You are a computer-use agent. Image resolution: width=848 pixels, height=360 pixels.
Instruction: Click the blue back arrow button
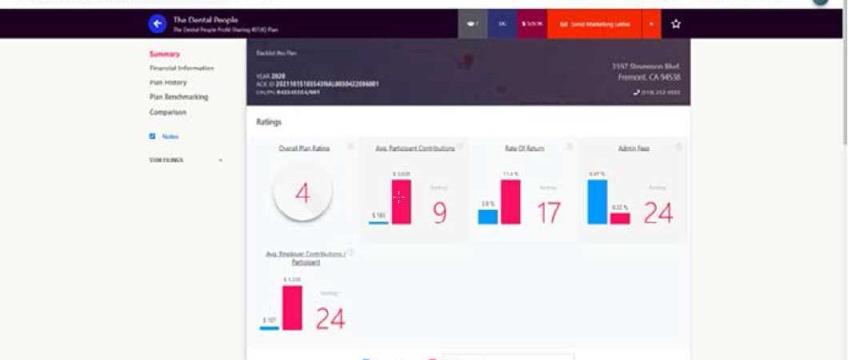coord(158,24)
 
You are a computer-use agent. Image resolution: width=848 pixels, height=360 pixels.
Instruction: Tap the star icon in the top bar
coord(676,24)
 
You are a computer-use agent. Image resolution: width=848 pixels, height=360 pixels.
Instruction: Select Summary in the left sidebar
coord(164,54)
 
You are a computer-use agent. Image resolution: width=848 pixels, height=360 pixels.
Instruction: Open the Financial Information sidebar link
coord(181,68)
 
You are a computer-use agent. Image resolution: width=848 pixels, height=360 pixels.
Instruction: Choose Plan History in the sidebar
coord(168,82)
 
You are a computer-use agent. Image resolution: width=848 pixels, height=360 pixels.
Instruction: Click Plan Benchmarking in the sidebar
coord(178,97)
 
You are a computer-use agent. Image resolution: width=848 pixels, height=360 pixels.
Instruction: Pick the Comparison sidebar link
coord(167,112)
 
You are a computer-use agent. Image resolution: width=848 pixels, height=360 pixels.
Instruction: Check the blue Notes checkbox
coord(152,137)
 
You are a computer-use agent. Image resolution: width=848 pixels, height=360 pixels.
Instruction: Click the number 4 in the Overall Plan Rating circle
coord(302,194)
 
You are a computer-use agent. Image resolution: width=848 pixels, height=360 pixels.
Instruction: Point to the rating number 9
coord(439,213)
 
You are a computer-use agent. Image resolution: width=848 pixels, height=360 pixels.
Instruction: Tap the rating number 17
coord(549,213)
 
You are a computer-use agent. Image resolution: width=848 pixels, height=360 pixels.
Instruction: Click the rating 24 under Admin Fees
coord(658,213)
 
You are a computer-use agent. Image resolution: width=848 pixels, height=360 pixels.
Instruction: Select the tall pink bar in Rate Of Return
coord(510,202)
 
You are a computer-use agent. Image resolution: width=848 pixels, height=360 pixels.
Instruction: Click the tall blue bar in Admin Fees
coord(598,202)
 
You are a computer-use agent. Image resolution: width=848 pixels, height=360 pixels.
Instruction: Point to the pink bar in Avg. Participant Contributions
coord(401,202)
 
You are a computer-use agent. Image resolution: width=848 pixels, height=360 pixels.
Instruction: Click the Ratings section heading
coord(269,122)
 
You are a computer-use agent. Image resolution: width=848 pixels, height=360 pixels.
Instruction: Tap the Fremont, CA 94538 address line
coord(649,78)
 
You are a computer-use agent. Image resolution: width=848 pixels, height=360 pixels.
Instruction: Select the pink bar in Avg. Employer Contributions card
coord(292,307)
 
